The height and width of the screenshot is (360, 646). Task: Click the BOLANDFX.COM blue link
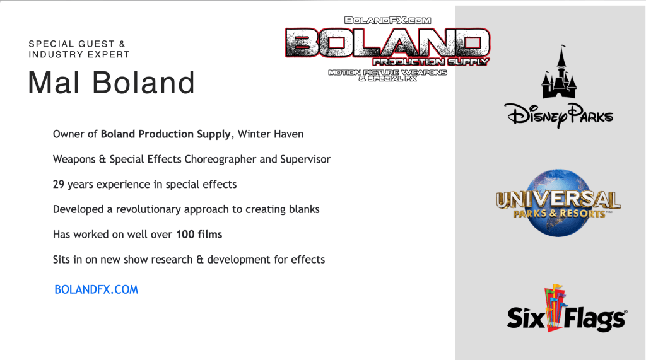click(97, 289)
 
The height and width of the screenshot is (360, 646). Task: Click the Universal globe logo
click(559, 202)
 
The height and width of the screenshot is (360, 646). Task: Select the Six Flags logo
click(567, 308)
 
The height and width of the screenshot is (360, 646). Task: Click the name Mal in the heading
click(54, 83)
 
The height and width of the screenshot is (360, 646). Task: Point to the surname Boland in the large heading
click(143, 83)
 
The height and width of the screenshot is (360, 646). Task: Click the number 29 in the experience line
click(59, 184)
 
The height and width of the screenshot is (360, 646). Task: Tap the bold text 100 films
click(199, 235)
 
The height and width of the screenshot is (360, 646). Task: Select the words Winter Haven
click(271, 134)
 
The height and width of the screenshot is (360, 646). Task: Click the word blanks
click(304, 209)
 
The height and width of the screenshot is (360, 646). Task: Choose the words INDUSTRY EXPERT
click(79, 54)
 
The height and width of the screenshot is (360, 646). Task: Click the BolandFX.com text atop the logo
click(388, 20)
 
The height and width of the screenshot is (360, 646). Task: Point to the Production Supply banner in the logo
click(431, 62)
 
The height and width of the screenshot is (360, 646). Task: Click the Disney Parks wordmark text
click(559, 115)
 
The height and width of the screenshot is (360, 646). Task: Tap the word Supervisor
click(305, 160)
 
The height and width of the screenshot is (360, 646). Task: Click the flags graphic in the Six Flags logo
click(555, 307)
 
